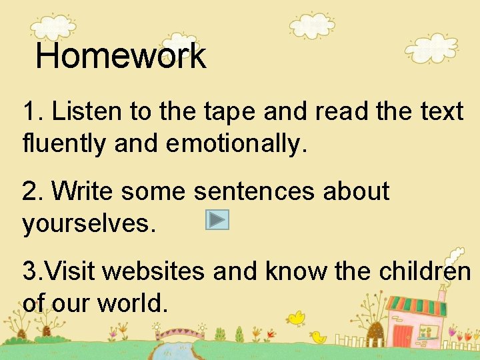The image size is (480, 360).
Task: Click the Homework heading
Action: [121, 56]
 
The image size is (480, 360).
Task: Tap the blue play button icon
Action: [217, 220]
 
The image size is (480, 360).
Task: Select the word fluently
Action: [63, 143]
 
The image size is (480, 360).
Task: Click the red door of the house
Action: [403, 335]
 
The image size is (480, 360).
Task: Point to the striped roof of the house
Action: [417, 307]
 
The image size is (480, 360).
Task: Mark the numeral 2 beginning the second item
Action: [29, 191]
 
